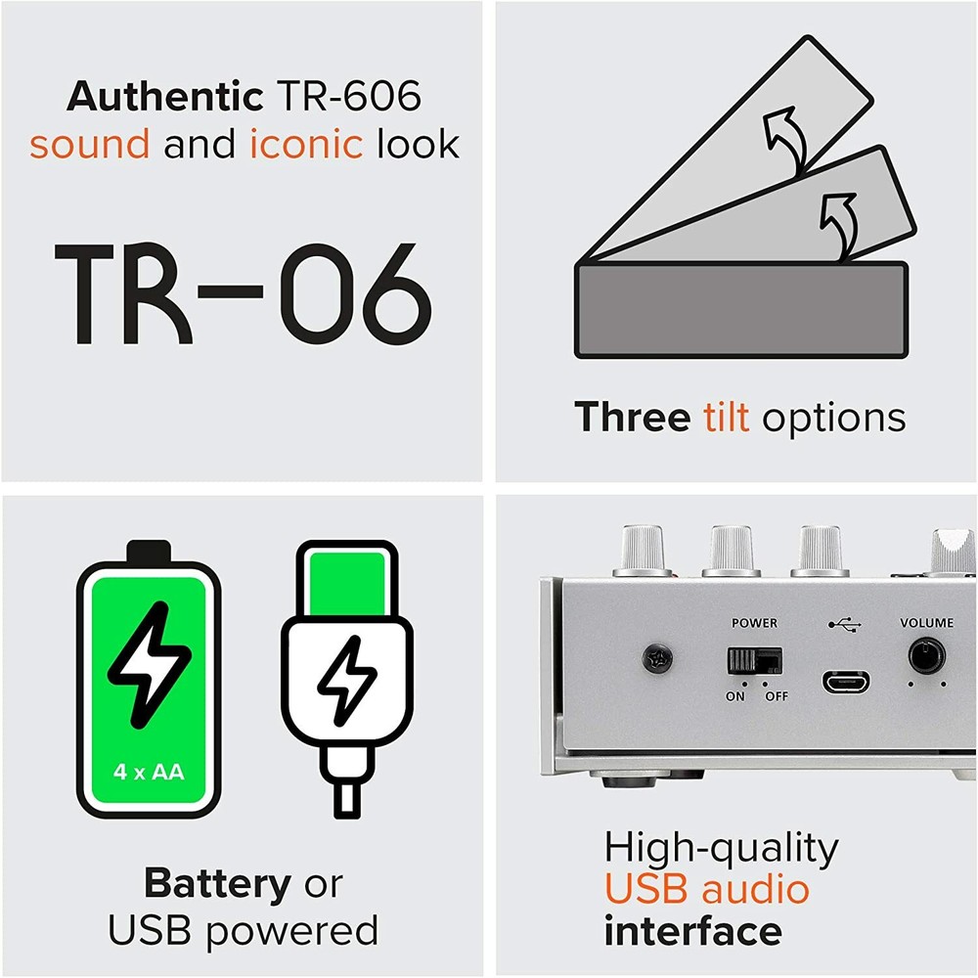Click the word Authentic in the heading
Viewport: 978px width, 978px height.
(164, 97)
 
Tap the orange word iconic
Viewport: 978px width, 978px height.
(306, 144)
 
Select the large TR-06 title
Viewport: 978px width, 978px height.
(244, 293)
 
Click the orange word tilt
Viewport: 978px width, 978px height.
(726, 417)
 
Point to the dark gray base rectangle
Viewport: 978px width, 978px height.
(741, 310)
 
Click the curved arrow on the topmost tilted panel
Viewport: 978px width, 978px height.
(786, 140)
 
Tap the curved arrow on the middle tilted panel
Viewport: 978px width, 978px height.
(839, 226)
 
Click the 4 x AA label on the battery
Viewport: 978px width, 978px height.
(149, 772)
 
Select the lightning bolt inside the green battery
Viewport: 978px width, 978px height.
(150, 665)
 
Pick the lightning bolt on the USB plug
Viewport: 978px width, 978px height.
(347, 681)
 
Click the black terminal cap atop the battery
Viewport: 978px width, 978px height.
(149, 552)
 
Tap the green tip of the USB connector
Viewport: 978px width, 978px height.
(347, 583)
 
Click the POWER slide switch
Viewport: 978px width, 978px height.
(755, 660)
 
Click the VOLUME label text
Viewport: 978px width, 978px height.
(926, 622)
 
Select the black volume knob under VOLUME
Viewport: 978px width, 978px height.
(926, 656)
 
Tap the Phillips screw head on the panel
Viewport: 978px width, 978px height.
(657, 658)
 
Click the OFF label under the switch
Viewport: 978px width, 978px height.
(777, 696)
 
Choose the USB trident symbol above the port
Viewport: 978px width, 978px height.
(845, 624)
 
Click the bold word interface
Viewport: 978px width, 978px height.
(693, 931)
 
